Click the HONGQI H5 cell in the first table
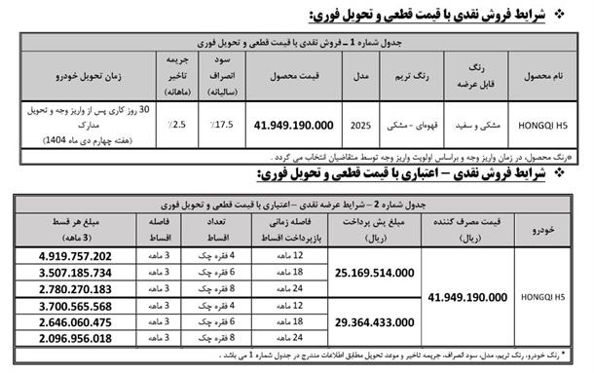[x=544, y=125]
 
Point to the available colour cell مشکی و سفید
[x=476, y=125]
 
